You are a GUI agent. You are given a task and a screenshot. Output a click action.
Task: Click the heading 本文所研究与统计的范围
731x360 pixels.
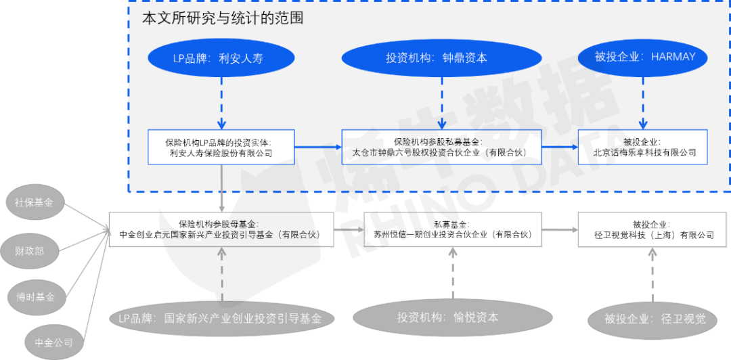click(x=223, y=18)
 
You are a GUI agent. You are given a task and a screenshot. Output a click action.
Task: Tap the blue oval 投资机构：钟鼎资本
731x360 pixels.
click(x=441, y=58)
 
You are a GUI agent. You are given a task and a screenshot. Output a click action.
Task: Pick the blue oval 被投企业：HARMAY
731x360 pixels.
click(x=644, y=57)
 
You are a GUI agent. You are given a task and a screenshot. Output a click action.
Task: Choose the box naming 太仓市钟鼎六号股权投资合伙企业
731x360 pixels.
click(x=441, y=148)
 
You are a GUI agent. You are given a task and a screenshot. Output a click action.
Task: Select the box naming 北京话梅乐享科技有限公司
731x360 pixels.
click(x=644, y=148)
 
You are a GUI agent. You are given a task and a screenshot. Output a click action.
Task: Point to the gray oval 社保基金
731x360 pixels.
click(x=35, y=202)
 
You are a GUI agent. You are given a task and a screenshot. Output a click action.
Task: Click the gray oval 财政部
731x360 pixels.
click(x=30, y=250)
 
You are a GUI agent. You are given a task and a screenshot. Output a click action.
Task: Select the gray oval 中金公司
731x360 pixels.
click(x=49, y=342)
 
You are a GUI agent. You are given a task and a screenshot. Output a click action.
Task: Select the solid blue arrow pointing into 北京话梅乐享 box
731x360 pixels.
click(x=559, y=147)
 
